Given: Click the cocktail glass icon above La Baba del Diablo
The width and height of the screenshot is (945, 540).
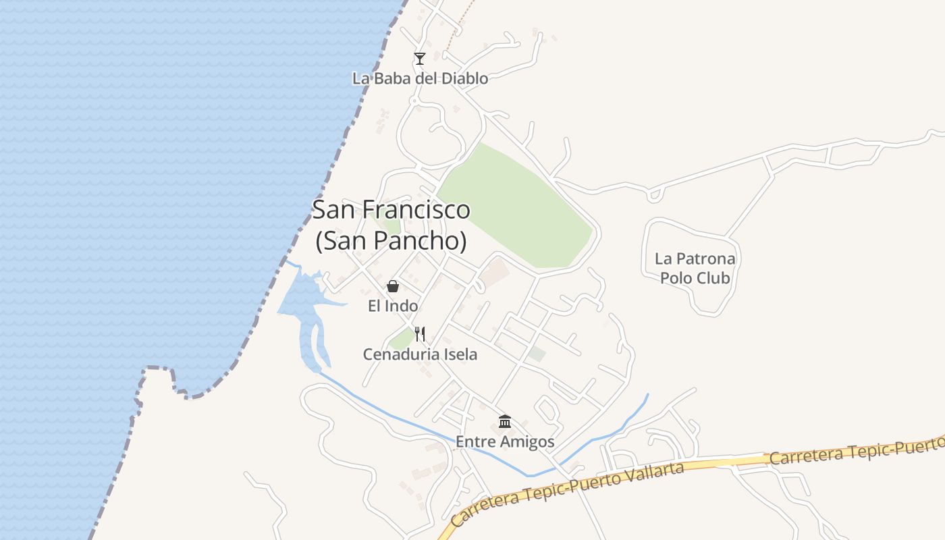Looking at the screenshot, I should tap(420, 59).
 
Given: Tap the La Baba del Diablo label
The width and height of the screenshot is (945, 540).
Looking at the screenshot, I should tap(420, 78).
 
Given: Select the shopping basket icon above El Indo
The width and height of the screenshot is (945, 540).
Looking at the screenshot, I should tap(393, 286).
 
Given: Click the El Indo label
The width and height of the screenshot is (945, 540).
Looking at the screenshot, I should tap(393, 306).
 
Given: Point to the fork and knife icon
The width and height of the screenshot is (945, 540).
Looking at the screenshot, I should tap(420, 333).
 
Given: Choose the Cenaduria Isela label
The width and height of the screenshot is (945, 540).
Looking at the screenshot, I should tap(420, 354).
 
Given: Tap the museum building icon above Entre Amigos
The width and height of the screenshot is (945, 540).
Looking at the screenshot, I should tap(505, 422).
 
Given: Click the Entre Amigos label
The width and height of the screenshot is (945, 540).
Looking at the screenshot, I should tap(505, 442).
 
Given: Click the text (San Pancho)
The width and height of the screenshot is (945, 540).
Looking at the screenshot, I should tap(391, 241).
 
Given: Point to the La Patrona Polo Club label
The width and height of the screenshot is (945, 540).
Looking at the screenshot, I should tap(695, 268).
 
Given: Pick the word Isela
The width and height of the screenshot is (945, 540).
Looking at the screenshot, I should tap(459, 354).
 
